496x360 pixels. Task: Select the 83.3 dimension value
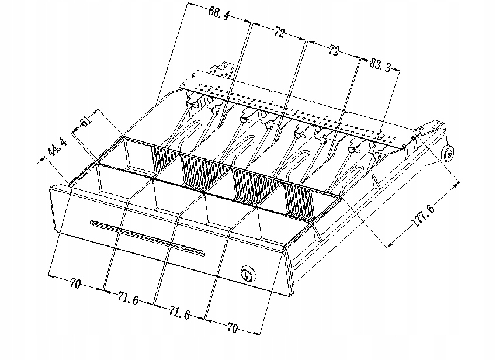pos(380,65)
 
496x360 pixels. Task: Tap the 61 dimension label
pos(86,122)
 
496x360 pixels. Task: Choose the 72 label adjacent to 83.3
pos(334,51)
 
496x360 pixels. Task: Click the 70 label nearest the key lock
pos(231,328)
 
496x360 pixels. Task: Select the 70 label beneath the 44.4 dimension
pos(75,285)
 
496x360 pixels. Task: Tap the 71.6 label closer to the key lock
pos(179,314)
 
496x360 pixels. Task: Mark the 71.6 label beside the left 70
pos(127,299)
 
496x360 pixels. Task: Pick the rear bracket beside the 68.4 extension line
pos(224,68)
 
